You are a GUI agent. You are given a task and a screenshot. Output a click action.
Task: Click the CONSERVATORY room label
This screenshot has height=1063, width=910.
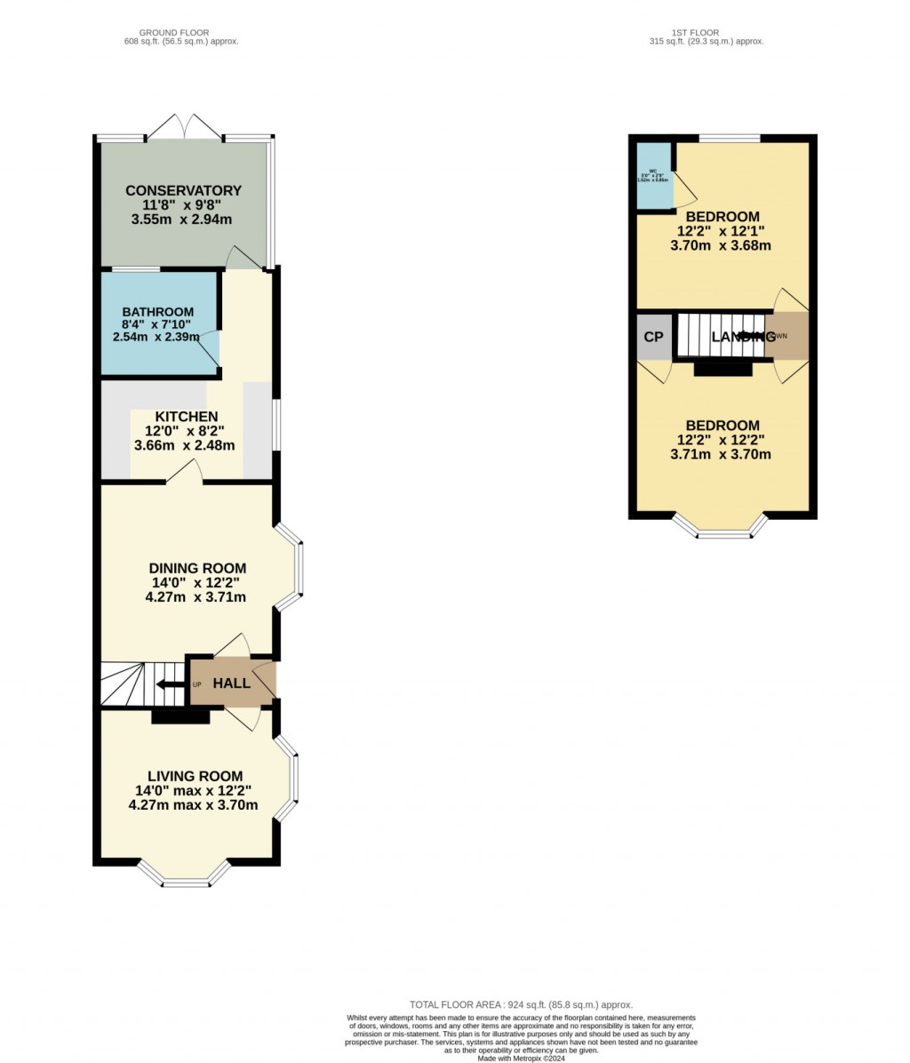tap(183, 190)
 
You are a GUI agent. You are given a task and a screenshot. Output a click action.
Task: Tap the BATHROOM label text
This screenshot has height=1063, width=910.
tap(157, 312)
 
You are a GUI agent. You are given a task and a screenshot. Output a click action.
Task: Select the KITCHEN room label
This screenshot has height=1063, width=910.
tap(186, 417)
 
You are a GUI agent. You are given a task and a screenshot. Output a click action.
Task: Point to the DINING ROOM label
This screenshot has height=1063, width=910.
tap(197, 569)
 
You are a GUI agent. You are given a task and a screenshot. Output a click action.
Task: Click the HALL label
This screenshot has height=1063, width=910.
tap(232, 683)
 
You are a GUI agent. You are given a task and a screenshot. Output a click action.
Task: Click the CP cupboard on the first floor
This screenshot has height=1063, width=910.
tap(653, 337)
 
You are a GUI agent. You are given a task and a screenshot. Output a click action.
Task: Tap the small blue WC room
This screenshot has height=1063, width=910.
tap(652, 175)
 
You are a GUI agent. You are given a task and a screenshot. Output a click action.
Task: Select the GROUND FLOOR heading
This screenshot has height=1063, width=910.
tap(181, 33)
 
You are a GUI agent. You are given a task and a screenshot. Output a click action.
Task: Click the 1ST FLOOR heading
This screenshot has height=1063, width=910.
tap(706, 33)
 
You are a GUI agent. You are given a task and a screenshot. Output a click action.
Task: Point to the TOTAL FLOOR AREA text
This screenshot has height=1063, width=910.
tap(520, 1004)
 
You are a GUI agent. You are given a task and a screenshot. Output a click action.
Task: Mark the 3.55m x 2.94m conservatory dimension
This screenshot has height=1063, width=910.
tap(183, 220)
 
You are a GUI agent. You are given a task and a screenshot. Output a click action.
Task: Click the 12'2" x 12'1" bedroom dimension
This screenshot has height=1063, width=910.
tap(720, 232)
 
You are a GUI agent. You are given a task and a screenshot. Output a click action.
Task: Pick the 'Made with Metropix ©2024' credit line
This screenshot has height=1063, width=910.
tap(521, 1058)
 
